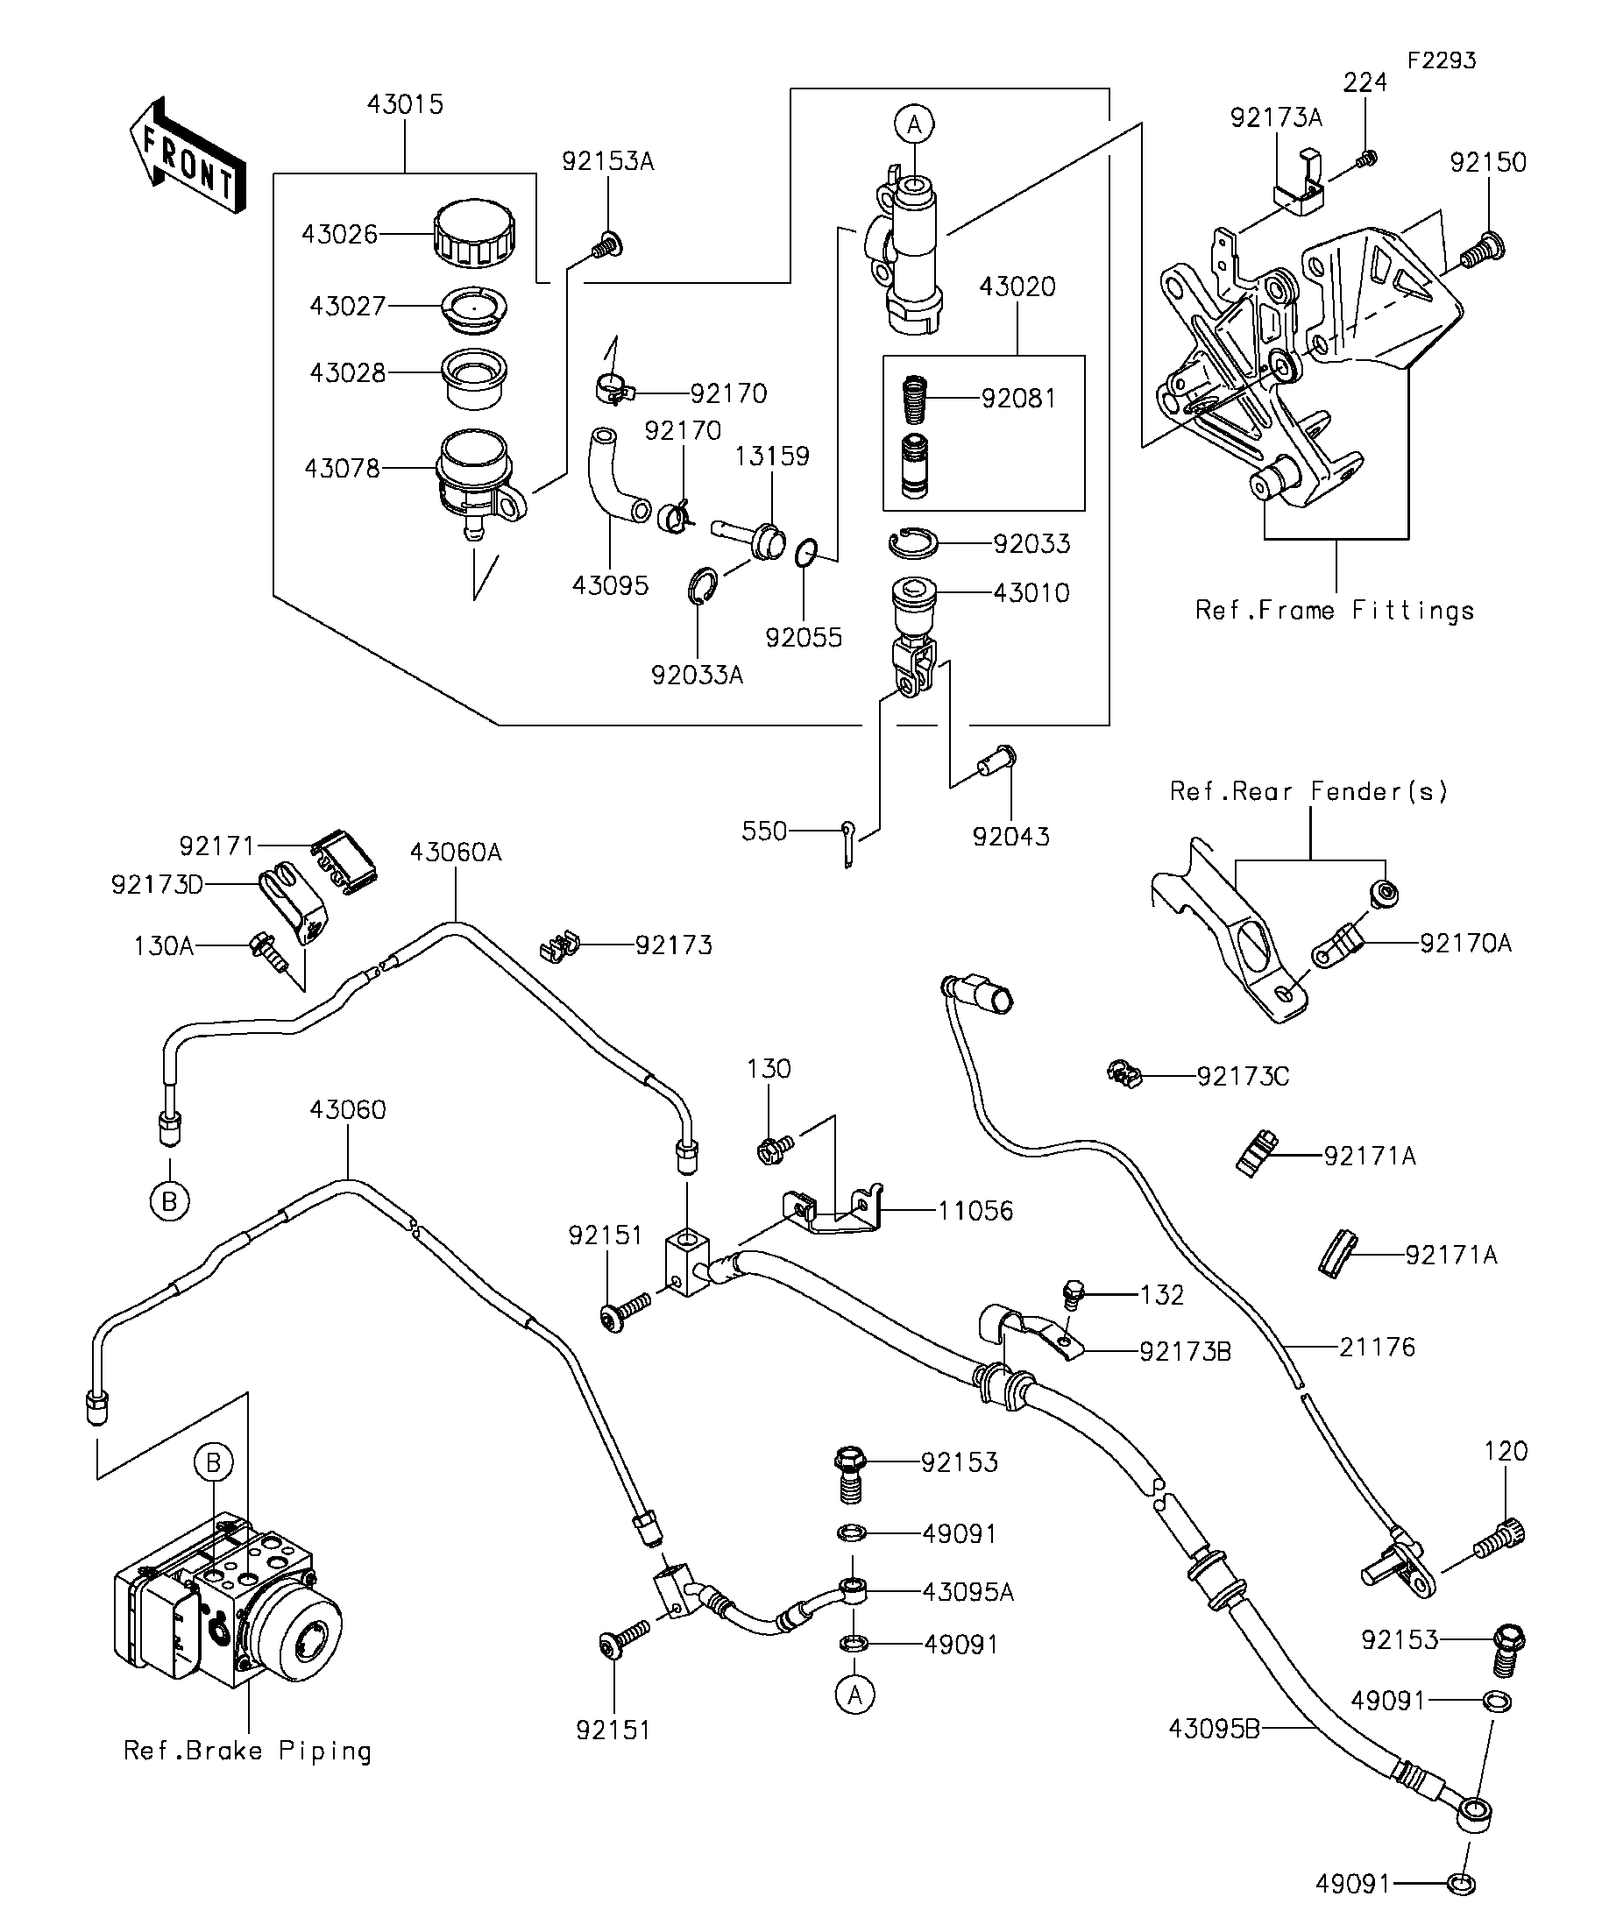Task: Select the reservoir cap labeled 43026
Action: [x=474, y=234]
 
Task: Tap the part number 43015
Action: [x=405, y=104]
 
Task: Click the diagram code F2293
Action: [x=1441, y=60]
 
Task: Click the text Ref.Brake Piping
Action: [x=247, y=1751]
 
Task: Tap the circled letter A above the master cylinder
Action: [x=914, y=124]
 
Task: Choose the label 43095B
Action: [x=1213, y=1729]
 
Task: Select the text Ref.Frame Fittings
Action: [x=1334, y=610]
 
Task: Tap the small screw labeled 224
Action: [x=1367, y=159]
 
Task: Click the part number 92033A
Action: [x=697, y=676]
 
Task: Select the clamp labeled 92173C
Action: [x=1124, y=1073]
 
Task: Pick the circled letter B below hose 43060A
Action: [x=169, y=1201]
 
